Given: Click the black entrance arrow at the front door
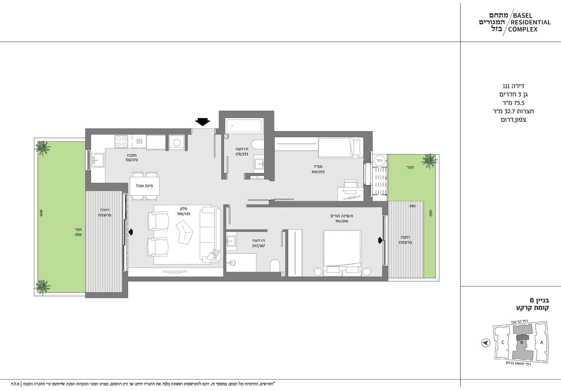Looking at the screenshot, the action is pos(202,122).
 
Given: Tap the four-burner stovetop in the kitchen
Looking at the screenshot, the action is pos(121,141).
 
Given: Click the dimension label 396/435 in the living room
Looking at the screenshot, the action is pos(184,214).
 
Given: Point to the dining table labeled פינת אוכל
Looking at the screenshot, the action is pos(145,186).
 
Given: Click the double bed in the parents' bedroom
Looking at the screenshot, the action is pos(342,253).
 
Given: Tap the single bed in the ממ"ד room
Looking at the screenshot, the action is pos(341,147).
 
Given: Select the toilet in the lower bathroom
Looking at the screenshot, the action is pos(275,266).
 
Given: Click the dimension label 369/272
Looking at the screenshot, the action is pos(318,172).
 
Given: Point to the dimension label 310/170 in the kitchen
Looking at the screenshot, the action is pos(132,160).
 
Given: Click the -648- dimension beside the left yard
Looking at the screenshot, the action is pos(41,213).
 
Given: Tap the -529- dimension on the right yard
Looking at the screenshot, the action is pos(431,213).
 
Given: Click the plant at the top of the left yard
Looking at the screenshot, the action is pos(43,148).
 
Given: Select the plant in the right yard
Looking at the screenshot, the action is pos(429,162).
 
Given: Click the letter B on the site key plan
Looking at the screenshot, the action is pos(522,342).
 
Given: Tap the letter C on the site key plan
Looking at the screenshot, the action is pos(503,342).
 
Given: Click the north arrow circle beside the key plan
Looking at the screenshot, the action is pos(485,343).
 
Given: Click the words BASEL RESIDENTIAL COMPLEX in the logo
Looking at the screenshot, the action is pos(531,22).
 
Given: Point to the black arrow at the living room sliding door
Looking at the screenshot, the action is pos(131,232).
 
